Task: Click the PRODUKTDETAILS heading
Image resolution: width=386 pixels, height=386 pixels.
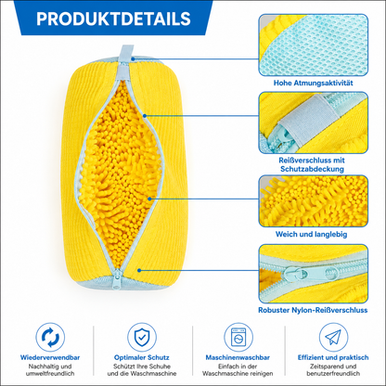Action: click(x=113, y=19)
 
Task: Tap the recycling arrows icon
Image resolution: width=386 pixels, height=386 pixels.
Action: click(x=50, y=337)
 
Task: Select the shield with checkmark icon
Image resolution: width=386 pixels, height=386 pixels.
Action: click(x=142, y=337)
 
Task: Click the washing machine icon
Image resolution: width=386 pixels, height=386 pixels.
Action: click(x=238, y=337)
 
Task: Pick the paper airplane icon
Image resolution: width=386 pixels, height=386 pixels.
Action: click(x=333, y=337)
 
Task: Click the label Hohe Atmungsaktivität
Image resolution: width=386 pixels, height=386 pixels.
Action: click(x=313, y=83)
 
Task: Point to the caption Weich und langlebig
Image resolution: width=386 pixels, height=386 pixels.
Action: click(x=311, y=234)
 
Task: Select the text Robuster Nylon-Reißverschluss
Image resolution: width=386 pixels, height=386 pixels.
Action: click(x=313, y=310)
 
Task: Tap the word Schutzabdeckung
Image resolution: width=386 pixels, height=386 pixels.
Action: click(x=312, y=169)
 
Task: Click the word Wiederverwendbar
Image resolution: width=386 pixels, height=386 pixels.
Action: click(x=50, y=357)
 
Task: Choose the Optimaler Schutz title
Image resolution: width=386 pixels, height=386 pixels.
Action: click(x=142, y=357)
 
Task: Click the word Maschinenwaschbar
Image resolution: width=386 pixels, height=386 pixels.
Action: click(x=238, y=357)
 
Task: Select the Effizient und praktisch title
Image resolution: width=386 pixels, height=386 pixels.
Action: click(x=333, y=357)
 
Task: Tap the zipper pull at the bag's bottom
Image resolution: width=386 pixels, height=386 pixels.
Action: click(x=118, y=280)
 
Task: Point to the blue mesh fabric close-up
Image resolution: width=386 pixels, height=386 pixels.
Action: click(x=314, y=45)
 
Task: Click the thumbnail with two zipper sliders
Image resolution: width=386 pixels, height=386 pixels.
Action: click(x=314, y=274)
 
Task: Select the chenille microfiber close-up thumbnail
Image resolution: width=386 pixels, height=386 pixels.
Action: click(x=314, y=201)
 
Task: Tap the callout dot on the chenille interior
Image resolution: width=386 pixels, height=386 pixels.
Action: click(x=149, y=199)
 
